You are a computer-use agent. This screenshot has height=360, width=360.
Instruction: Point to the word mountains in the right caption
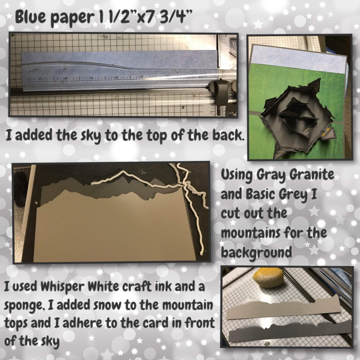[x=250, y=233]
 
